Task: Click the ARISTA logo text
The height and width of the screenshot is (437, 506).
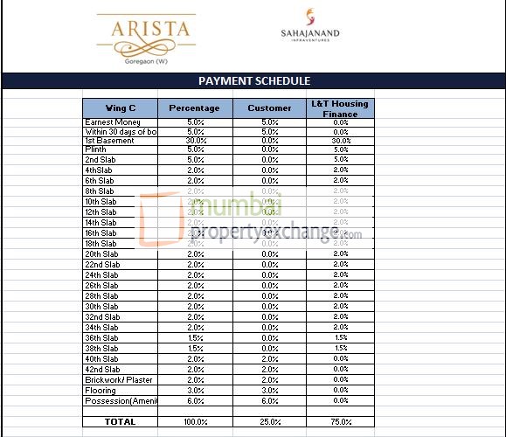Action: coord(150,28)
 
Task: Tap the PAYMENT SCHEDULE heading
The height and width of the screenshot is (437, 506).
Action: coord(254,81)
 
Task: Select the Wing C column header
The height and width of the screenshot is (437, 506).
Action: coord(120,108)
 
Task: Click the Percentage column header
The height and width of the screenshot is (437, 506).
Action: coord(195,108)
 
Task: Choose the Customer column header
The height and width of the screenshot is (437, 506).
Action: coord(269,108)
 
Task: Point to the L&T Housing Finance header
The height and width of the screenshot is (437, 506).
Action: coord(340,108)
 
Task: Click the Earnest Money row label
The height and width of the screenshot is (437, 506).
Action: coord(113,121)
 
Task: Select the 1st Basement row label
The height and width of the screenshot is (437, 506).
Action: coord(109,141)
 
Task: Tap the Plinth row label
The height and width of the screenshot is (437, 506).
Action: coord(95,149)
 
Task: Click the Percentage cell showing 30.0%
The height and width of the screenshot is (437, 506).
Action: coord(196,141)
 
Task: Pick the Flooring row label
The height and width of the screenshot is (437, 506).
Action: coord(101,391)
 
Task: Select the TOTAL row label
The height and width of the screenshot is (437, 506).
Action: coord(120,422)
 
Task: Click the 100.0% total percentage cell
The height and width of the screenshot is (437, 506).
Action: coord(196,422)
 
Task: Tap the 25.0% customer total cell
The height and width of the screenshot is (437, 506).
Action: coord(269,422)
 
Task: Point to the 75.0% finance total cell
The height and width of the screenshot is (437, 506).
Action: coord(340,422)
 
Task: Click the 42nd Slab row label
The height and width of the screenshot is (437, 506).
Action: coord(101,370)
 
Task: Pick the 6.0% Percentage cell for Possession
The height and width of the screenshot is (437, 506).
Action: coord(196,401)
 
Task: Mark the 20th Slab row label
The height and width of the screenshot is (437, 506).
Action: coord(101,254)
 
